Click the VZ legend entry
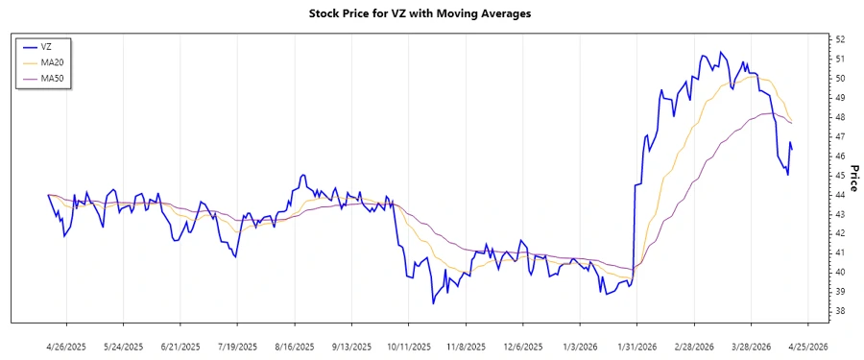46,46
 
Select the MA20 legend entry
52,62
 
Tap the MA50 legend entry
52,78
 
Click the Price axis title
852,176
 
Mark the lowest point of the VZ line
433,303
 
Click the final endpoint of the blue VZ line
792,148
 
